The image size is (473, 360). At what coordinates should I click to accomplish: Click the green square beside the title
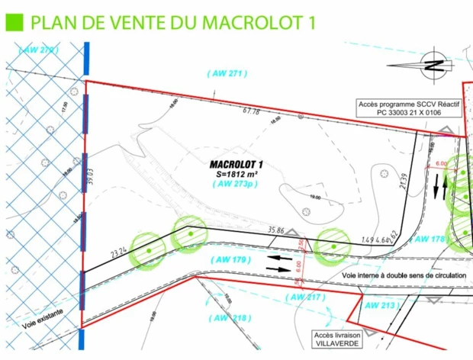[x=13, y=21]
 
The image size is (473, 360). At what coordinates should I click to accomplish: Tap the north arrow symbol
[x=433, y=64]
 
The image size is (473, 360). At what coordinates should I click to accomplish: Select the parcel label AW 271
[x=228, y=73]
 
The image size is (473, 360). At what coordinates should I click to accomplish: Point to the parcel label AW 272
[x=38, y=50]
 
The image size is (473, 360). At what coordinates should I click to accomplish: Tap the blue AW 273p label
[x=235, y=184]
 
